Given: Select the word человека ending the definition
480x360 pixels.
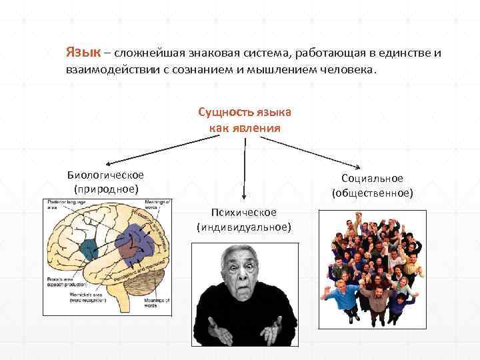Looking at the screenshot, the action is [x=349, y=68].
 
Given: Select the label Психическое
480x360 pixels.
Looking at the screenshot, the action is [x=244, y=212].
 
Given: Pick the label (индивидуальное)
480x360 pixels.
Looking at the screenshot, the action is [x=244, y=227].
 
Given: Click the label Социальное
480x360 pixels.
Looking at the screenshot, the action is [x=372, y=179].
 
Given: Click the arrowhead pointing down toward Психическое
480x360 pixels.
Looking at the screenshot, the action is [x=245, y=197].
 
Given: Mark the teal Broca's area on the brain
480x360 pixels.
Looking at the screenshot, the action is [x=87, y=250].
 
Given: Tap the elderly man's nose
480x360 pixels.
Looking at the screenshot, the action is [x=241, y=276].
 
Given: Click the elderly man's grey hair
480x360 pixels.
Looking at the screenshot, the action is [x=240, y=250].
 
